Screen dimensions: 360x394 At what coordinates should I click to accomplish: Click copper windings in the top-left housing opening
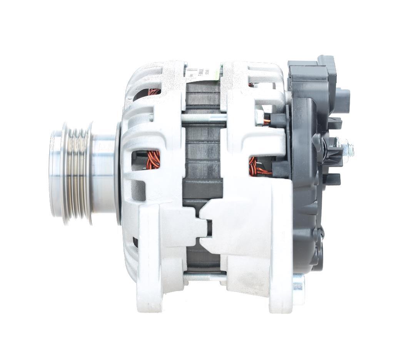coord(154,92)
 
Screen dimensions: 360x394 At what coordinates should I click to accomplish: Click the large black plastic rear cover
coord(304,193)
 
